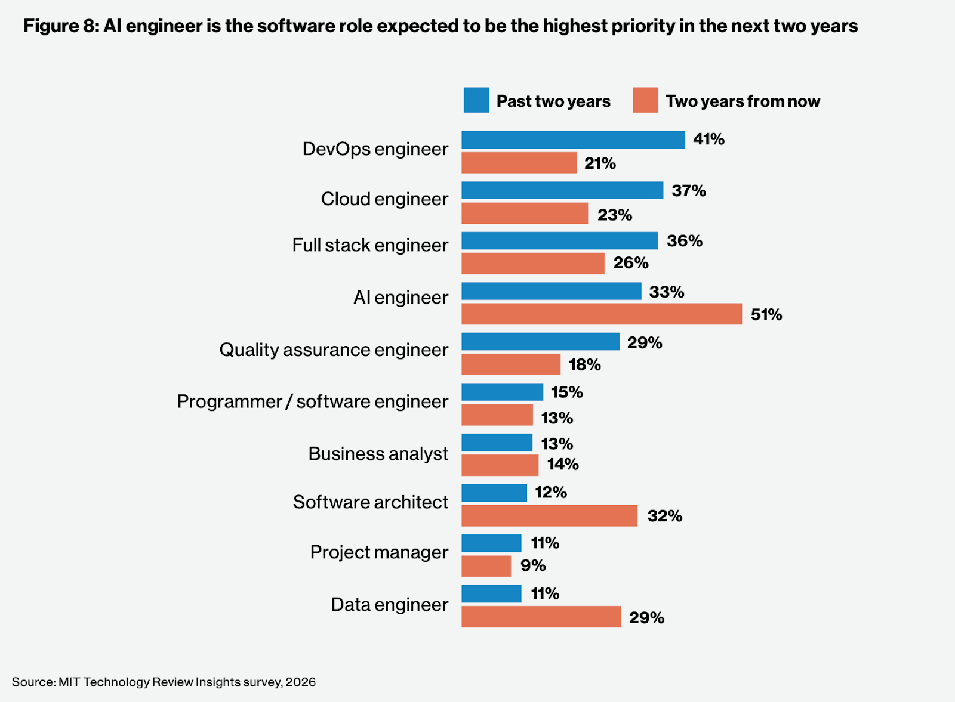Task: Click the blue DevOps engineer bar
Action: [x=573, y=140]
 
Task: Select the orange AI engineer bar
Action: [x=602, y=314]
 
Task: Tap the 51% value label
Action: [x=766, y=314]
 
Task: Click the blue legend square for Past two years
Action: [x=476, y=100]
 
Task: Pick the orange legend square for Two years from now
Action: [x=645, y=100]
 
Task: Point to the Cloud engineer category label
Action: [x=384, y=199]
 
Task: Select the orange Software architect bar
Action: [x=549, y=516]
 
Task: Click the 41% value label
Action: [x=708, y=139]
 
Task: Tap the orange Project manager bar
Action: [x=486, y=566]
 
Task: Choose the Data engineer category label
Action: [x=389, y=604]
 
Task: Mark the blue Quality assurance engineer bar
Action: [x=540, y=342]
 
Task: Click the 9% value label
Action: [x=533, y=565]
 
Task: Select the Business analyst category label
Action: [x=378, y=454]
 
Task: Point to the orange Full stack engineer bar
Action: [x=532, y=264]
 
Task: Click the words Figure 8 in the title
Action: [x=60, y=26]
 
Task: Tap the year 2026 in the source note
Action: [x=300, y=682]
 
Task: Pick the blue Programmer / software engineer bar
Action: [x=502, y=392]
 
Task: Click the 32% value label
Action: [x=664, y=516]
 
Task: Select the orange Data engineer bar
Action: [x=541, y=617]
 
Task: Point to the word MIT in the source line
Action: [x=69, y=682]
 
